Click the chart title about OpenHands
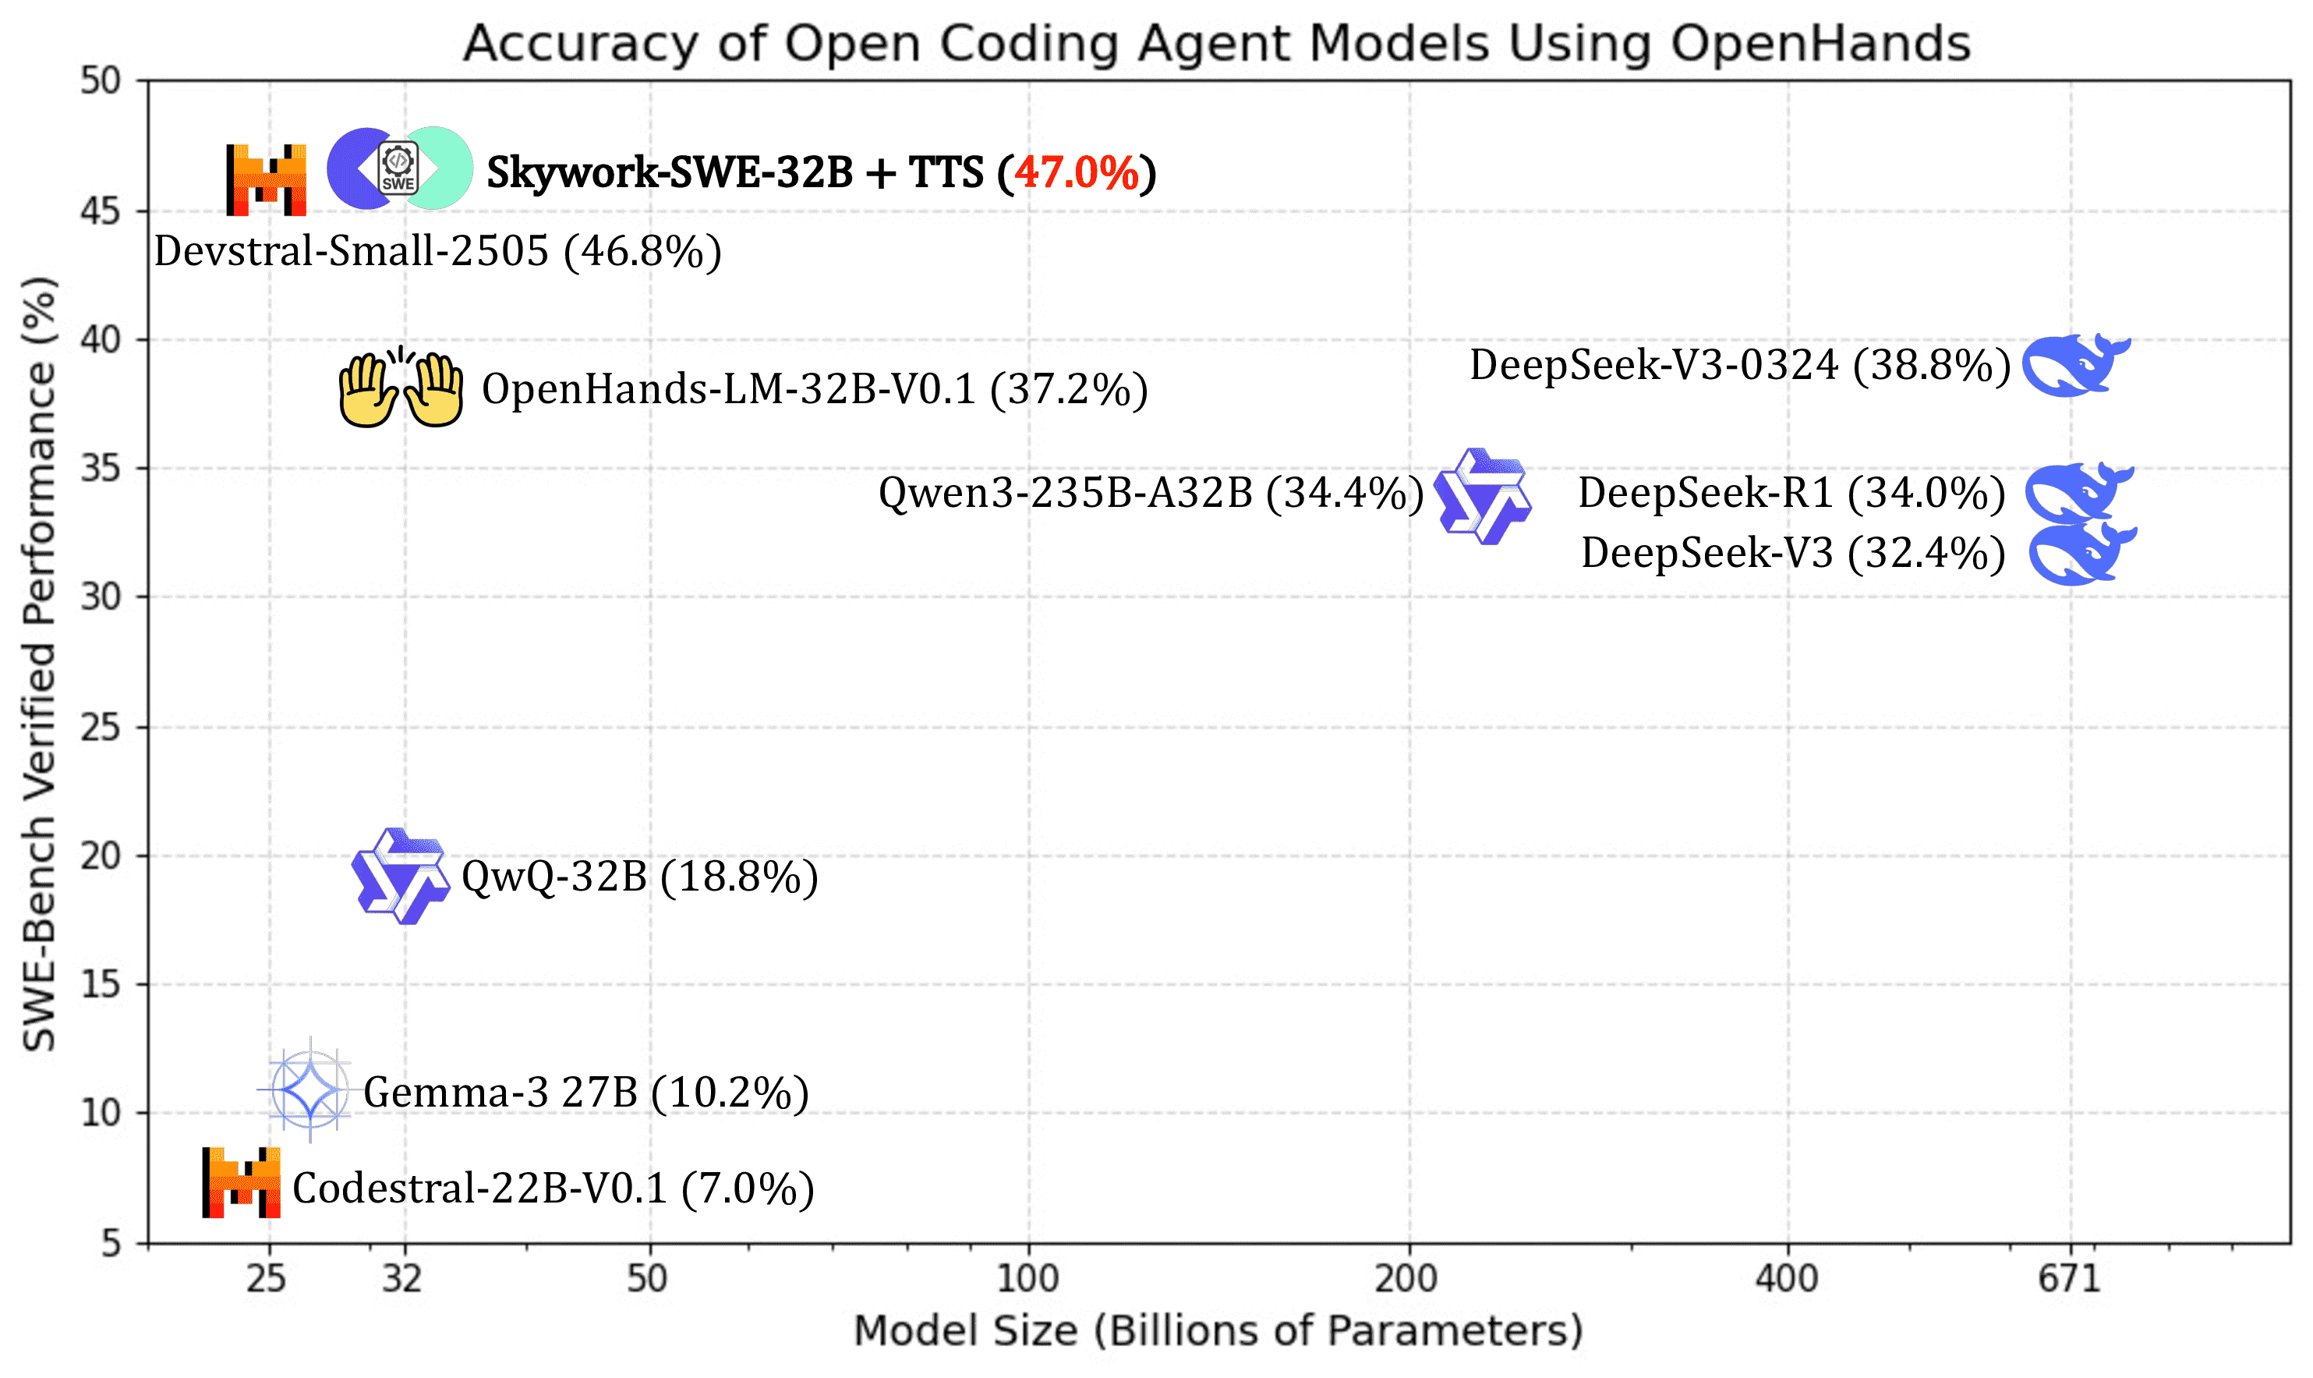click(1216, 43)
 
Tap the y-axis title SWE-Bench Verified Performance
click(39, 663)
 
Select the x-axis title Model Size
click(1218, 1330)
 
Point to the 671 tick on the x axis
click(2068, 1279)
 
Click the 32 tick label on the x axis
click(402, 1279)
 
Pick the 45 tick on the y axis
click(101, 211)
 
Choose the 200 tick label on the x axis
click(1406, 1279)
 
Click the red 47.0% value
click(1077, 172)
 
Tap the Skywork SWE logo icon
click(399, 168)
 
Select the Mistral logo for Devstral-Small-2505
click(267, 179)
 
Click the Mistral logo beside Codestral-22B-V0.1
click(242, 1182)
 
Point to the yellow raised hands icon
click(400, 390)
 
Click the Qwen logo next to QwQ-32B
click(401, 876)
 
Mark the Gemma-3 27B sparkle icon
click(309, 1089)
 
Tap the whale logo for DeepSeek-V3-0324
click(2075, 365)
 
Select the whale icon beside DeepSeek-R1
click(2079, 491)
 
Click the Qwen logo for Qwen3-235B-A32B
click(1482, 496)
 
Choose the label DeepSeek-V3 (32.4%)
click(1792, 554)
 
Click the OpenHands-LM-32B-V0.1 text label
click(814, 389)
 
